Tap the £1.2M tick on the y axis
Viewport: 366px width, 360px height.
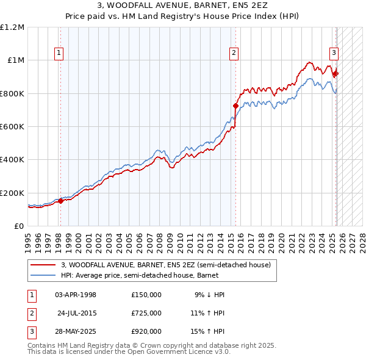point(12,27)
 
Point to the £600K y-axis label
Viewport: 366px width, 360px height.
point(12,127)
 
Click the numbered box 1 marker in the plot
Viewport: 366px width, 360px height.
point(59,53)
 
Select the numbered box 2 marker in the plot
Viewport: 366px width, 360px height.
point(234,53)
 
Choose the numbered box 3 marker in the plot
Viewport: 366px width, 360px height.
point(334,53)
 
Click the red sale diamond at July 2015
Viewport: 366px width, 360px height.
point(235,106)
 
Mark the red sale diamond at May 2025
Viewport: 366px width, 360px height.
point(335,73)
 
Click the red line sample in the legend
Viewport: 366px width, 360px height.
point(44,265)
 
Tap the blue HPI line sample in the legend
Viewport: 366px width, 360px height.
point(44,275)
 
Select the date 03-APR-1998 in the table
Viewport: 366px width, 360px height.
point(76,295)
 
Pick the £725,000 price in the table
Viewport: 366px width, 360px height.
point(146,313)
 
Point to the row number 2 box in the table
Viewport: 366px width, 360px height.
point(32,313)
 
